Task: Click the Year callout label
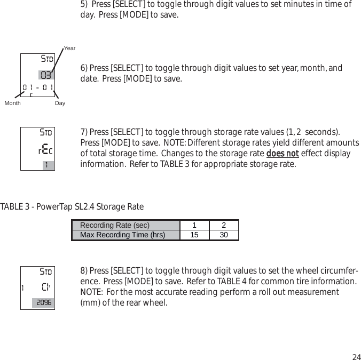pos(69,49)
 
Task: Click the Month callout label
pos(12,103)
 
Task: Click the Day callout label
pos(60,103)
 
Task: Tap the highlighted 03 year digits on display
pos(46,74)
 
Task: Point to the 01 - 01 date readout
pos(37,87)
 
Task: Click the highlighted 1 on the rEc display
pos(48,165)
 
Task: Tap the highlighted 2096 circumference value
pos(43,303)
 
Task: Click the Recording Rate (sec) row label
pos(115,225)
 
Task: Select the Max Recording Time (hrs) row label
pos(122,235)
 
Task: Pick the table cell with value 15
pos(194,235)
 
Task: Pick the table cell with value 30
pos(224,235)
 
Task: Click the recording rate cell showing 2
pos(224,225)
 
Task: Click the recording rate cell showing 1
pos(194,225)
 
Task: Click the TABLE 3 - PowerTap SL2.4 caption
pos(72,206)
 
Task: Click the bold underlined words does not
pos(282,154)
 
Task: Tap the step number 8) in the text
pos(84,270)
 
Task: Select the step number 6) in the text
pos(84,68)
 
